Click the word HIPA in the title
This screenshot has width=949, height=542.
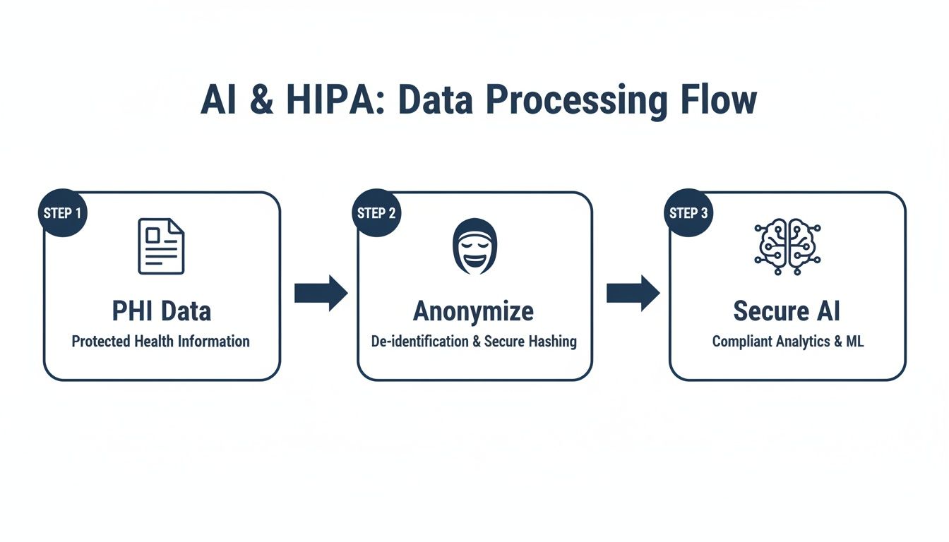333,100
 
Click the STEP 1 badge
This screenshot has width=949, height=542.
62,212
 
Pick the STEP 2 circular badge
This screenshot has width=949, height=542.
376,212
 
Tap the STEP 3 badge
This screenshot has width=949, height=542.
688,212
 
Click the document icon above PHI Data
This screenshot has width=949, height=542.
161,246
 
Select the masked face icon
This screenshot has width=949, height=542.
474,246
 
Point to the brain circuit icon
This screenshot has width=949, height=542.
787,246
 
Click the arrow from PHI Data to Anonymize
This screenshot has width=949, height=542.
321,293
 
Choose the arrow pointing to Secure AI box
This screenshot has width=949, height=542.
633,293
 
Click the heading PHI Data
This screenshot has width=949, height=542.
161,311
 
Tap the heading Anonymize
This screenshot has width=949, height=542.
473,311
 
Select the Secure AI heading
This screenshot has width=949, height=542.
787,311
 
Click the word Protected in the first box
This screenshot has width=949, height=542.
101,342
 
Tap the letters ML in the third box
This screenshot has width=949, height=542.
854,342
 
